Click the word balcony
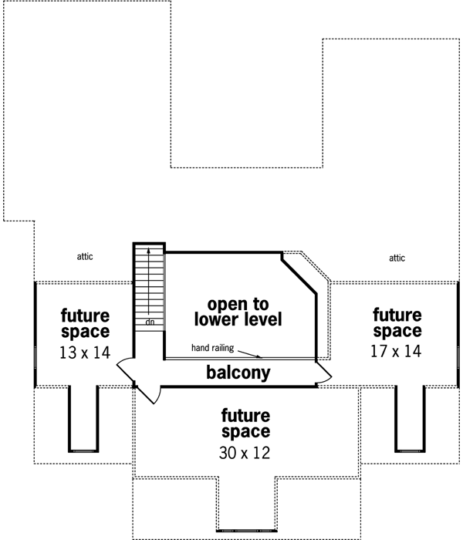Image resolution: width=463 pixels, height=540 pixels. [238, 373]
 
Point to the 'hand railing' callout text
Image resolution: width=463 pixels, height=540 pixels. [212, 349]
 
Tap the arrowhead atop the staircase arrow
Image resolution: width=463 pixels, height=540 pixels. [148, 252]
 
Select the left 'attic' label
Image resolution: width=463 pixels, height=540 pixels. [85, 257]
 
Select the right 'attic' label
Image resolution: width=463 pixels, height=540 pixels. [397, 258]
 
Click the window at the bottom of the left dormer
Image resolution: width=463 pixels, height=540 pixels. [83, 450]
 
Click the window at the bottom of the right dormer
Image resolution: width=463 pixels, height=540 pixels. [410, 450]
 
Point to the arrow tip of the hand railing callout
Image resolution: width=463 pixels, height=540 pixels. [262, 356]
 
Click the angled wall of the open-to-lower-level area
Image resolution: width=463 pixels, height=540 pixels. [301, 275]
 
